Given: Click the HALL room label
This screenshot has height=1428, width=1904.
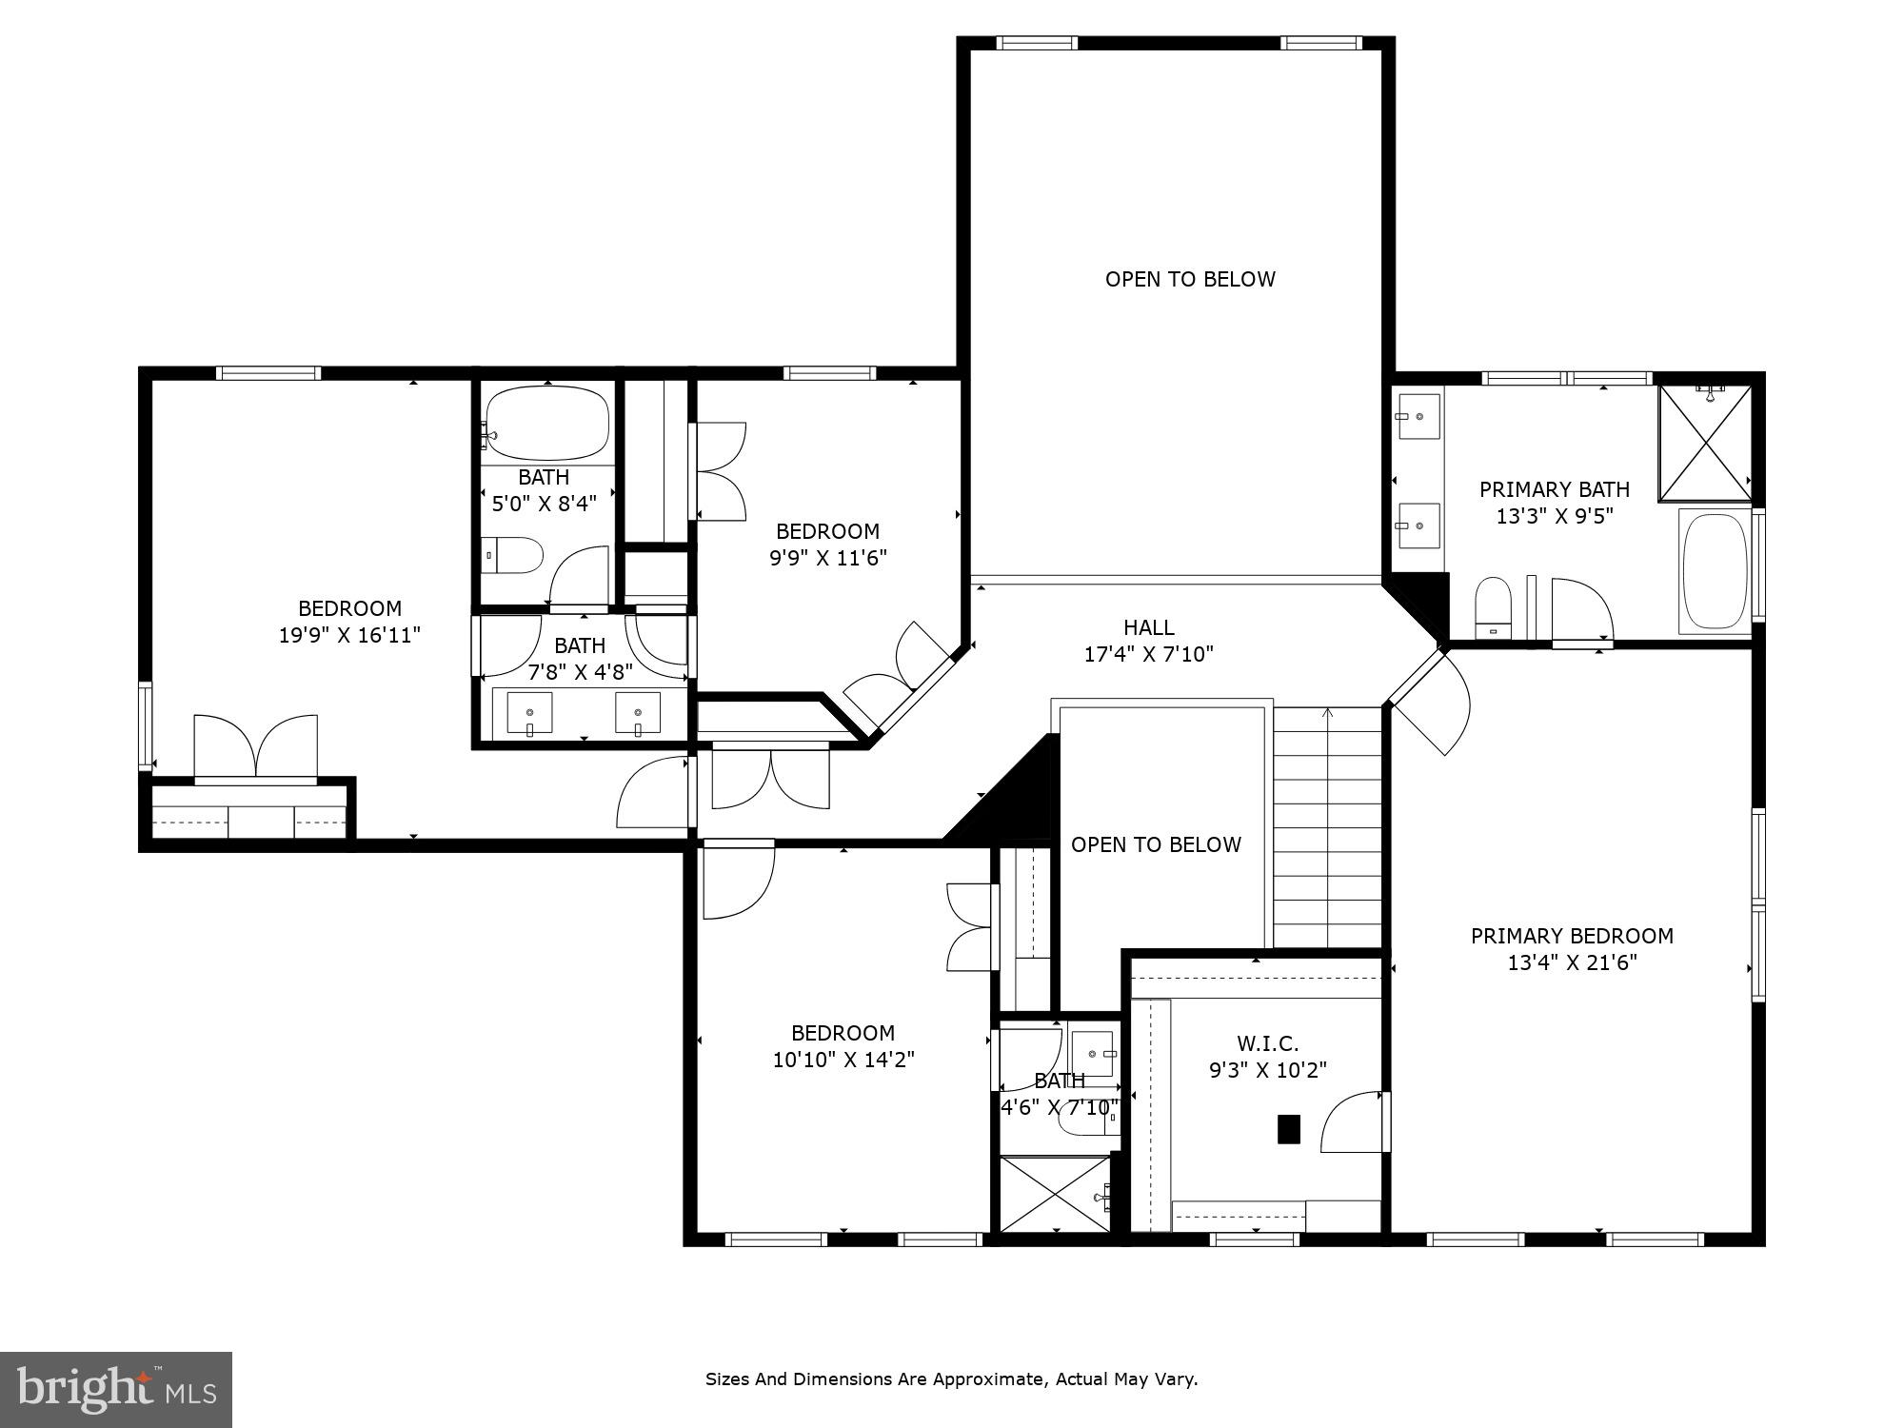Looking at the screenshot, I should point(1148,627).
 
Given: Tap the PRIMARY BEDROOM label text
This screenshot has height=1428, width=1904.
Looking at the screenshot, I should point(1572,936).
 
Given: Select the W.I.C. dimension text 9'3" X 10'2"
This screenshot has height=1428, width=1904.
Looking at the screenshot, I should point(1267,1070).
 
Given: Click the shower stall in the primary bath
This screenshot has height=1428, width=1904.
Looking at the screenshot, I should point(1704,444).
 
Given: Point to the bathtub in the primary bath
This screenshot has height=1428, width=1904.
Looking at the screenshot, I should point(1715,571).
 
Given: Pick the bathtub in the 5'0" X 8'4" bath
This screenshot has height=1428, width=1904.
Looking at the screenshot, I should point(547,424).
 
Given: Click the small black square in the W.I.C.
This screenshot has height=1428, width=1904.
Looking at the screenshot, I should point(1288,1129).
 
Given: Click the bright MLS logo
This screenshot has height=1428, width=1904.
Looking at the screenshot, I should point(115,1390).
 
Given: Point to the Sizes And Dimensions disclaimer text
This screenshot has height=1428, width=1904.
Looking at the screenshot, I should point(951,1378).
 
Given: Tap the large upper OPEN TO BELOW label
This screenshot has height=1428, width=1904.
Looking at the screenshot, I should point(1190,279).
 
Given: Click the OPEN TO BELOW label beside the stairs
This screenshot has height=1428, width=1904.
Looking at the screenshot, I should point(1156,844).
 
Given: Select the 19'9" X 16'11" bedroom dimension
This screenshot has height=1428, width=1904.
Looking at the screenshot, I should point(349,635).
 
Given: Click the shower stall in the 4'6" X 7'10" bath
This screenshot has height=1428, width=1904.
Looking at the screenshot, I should point(1055,1194).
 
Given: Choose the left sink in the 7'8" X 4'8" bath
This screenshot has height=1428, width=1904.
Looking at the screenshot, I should point(529,713).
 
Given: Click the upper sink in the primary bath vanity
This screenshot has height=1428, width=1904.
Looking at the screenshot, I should point(1418,417).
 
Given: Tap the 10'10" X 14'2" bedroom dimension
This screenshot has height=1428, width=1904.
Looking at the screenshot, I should point(843,1060).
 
